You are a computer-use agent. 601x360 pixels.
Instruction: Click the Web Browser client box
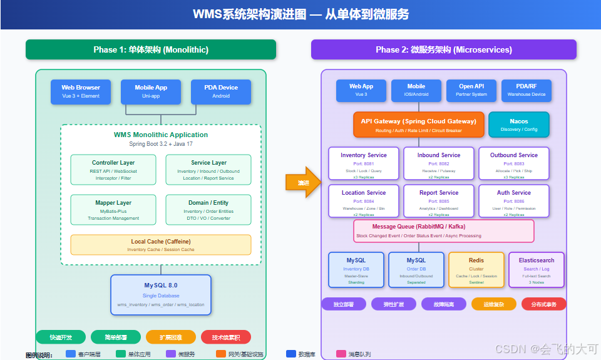[x=81, y=91]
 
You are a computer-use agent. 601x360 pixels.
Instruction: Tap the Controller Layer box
[x=113, y=170]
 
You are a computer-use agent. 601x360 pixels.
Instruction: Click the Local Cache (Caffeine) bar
[x=161, y=245]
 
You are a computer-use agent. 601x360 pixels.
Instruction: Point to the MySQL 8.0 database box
[x=161, y=295]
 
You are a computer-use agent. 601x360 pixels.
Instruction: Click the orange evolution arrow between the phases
[x=304, y=182]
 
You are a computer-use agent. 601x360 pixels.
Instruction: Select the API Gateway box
[x=419, y=125]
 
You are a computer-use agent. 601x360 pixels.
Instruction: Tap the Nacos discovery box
[x=518, y=125]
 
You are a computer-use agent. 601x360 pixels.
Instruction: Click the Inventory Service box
[x=364, y=163]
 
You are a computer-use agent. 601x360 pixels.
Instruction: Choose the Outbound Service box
[x=514, y=163]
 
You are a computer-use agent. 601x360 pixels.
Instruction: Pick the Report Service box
[x=439, y=201]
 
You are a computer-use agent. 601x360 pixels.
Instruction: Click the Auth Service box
[x=514, y=201]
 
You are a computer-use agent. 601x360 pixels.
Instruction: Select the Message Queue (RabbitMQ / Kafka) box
[x=444, y=230]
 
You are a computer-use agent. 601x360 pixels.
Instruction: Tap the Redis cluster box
[x=476, y=270]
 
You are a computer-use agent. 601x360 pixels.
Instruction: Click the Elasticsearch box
[x=537, y=270]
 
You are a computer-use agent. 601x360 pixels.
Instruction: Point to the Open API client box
[x=471, y=90]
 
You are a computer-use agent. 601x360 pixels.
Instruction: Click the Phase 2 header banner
[x=444, y=49]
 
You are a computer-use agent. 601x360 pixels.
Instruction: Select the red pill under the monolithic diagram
[x=226, y=337]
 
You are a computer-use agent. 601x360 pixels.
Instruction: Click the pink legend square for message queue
[x=341, y=354]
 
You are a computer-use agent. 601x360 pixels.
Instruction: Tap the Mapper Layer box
[x=113, y=210]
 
